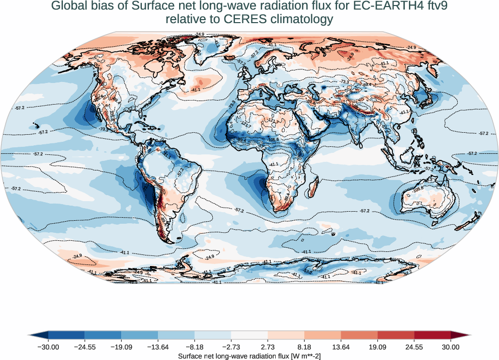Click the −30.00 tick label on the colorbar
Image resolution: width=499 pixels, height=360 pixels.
48,347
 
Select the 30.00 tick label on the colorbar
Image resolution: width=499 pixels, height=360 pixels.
451,347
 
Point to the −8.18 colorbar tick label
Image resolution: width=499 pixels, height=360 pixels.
195,347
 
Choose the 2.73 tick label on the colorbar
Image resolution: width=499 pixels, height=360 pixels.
268,347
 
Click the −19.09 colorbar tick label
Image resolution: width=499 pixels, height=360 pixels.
121,347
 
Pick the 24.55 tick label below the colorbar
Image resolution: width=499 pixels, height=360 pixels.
414,347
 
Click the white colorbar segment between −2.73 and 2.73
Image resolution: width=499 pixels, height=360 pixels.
249,335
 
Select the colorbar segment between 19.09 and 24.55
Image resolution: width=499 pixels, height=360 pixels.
396,335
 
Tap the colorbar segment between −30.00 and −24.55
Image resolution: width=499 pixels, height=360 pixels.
66,335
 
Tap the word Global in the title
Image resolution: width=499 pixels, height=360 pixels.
69,7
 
